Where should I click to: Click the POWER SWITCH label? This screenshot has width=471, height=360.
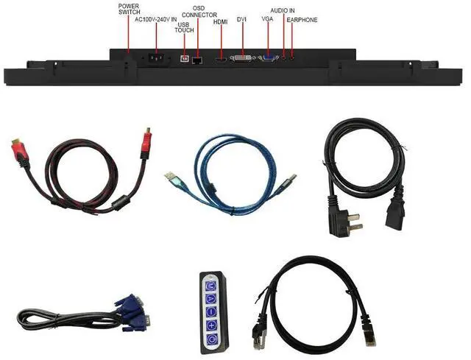coord(129,9)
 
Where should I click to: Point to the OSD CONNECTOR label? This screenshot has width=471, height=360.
coord(199,11)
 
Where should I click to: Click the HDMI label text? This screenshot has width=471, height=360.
coord(220,22)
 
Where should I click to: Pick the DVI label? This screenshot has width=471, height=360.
coord(242,18)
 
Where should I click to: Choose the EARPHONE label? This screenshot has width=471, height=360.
coord(302,20)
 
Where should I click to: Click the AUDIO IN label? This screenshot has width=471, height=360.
coord(283,10)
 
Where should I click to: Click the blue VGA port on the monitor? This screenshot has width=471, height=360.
coord(268,57)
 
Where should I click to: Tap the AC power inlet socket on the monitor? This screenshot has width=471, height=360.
coord(155,58)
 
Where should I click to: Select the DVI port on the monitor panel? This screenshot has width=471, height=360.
coord(241,57)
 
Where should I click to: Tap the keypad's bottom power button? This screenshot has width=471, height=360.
coord(210,339)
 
